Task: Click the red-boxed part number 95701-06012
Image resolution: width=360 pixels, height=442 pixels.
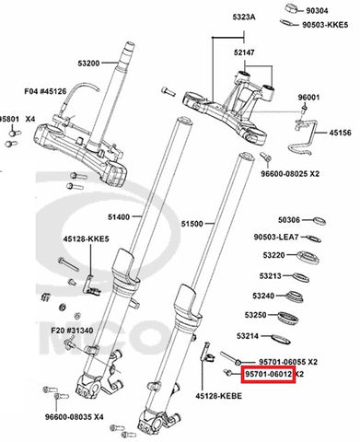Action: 268,375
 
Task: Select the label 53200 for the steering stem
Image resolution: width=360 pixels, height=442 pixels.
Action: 88,64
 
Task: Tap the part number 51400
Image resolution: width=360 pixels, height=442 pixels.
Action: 119,217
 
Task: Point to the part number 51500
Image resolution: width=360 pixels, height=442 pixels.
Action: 192,224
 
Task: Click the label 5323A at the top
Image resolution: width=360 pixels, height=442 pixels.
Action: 244,17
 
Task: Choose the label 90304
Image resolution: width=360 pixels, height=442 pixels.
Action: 317,11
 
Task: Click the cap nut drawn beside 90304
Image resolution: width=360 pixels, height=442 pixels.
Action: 293,8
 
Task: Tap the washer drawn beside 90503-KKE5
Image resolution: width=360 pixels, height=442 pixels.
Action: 287,23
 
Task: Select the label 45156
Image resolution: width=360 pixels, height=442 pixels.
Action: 341,133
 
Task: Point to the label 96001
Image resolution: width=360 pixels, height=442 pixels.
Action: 308,98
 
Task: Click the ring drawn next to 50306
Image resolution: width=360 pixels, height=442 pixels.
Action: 319,221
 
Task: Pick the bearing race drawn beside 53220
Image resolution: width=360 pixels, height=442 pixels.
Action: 308,258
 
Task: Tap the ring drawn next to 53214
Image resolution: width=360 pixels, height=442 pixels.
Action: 281,339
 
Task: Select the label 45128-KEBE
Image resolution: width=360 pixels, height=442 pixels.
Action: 219,396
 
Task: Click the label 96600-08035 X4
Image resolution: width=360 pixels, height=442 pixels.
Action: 75,417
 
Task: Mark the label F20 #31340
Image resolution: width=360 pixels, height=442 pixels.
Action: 72,331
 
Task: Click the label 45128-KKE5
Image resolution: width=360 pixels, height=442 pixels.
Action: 87,238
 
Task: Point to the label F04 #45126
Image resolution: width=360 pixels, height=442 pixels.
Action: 45,91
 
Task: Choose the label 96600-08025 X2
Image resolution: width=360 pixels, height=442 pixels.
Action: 290,174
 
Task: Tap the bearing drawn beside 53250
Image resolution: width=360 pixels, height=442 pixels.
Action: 288,319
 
